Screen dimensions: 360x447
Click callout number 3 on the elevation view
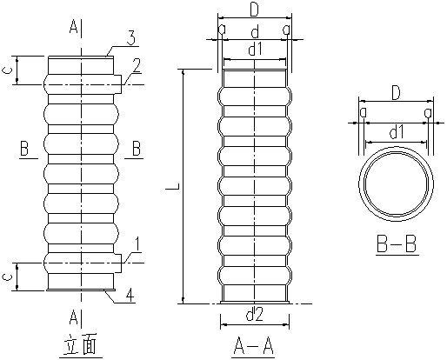pyautogui.click(x=130, y=38)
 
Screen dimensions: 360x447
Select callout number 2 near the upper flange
pyautogui.click(x=137, y=66)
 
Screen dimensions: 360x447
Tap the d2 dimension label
pyautogui.click(x=255, y=316)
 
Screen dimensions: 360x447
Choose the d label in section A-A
pyautogui.click(x=254, y=32)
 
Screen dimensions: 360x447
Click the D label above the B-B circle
pyautogui.click(x=396, y=92)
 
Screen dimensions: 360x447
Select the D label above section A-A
pyautogui.click(x=254, y=10)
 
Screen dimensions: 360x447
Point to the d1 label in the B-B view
pyautogui.click(x=396, y=132)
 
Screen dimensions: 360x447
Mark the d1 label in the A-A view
pyautogui.click(x=255, y=50)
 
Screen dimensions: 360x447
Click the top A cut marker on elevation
pyautogui.click(x=74, y=28)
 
